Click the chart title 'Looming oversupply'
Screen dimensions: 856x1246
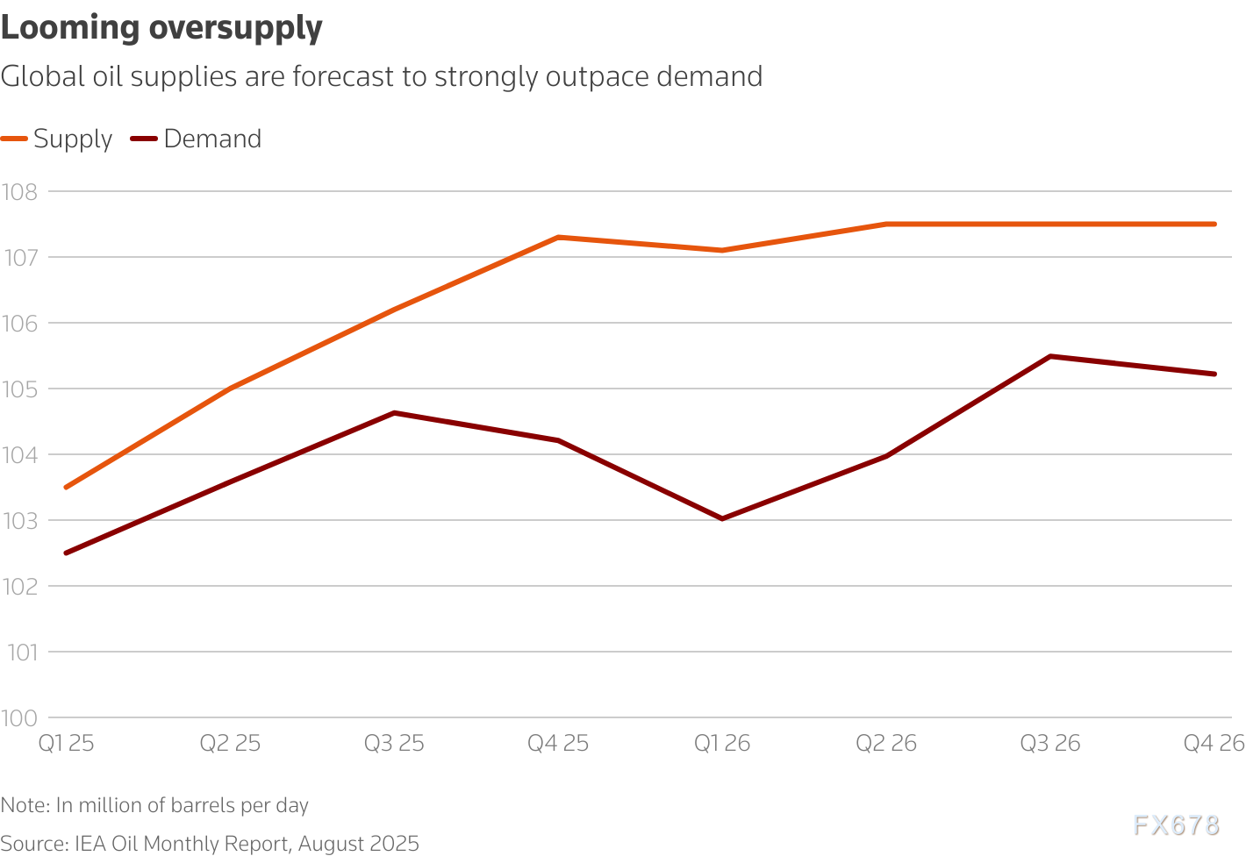coord(161,28)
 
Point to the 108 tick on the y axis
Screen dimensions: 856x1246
coord(20,191)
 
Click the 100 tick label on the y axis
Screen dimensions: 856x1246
coord(20,717)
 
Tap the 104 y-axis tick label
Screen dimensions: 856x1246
coord(20,454)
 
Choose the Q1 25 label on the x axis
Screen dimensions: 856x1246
coord(67,744)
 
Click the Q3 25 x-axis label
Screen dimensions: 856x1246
coord(394,744)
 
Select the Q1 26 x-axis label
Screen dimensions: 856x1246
coord(722,744)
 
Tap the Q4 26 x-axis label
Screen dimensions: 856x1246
coord(1214,744)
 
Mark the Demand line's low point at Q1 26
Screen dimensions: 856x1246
coord(722,518)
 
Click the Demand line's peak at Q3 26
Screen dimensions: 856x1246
coord(1050,356)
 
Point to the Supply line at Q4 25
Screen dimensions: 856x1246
coord(558,237)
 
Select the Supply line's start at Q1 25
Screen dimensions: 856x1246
coord(67,487)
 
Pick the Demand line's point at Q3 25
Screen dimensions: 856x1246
coord(394,412)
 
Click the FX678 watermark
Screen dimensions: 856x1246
coord(1176,825)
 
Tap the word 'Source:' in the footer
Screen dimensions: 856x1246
coord(34,844)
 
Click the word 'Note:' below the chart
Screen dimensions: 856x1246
coord(25,805)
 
